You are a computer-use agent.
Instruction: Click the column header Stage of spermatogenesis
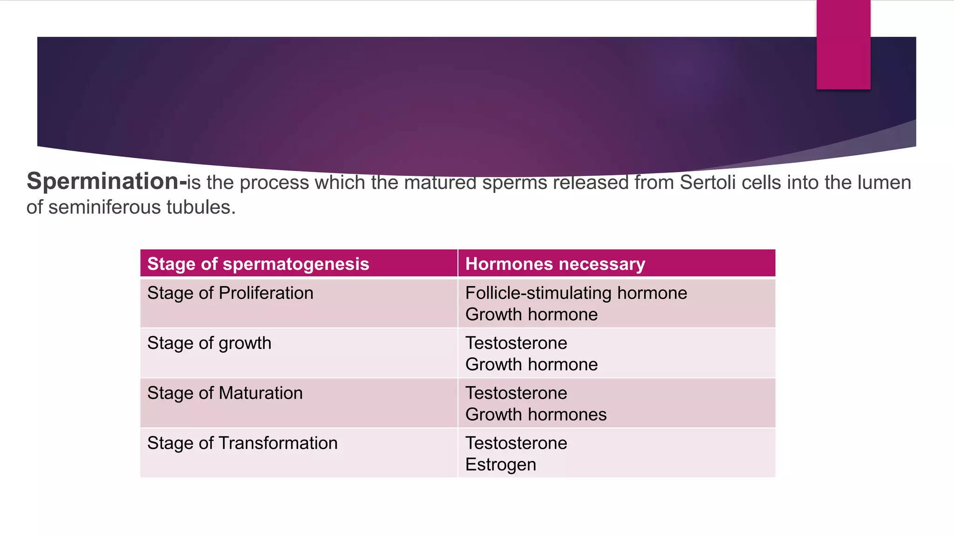258,264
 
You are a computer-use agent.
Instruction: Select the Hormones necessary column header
555,264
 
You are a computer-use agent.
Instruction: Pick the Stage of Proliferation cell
230,293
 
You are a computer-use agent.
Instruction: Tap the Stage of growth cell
209,343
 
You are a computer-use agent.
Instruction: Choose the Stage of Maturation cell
225,393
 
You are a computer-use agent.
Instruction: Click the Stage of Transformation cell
242,443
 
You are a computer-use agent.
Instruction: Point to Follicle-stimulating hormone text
576,293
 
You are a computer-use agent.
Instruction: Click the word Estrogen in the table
500,465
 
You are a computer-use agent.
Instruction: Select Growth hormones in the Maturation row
536,415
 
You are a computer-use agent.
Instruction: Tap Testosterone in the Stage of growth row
516,343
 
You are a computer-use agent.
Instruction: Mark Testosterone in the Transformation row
516,443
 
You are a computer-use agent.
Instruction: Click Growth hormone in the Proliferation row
531,315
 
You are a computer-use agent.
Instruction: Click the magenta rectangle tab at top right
843,45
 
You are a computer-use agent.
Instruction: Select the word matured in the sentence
440,182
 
